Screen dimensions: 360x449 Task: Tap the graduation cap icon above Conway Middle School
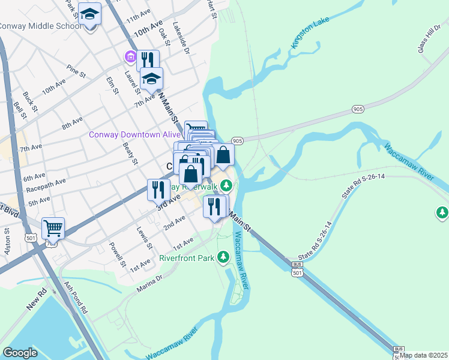89,13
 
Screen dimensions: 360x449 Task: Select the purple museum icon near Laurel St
130,57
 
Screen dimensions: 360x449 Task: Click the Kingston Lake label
310,36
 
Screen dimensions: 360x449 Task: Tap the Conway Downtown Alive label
134,134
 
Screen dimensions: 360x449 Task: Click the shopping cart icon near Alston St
53,228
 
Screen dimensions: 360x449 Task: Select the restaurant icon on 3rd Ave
158,190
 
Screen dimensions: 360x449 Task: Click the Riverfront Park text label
187,258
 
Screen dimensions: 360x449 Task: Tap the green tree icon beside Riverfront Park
223,257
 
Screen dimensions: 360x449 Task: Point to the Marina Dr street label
150,282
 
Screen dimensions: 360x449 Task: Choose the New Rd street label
37,302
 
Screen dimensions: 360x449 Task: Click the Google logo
20,353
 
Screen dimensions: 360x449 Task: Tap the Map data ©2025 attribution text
424,355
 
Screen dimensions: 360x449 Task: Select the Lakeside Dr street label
181,40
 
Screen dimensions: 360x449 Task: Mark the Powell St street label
117,255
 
